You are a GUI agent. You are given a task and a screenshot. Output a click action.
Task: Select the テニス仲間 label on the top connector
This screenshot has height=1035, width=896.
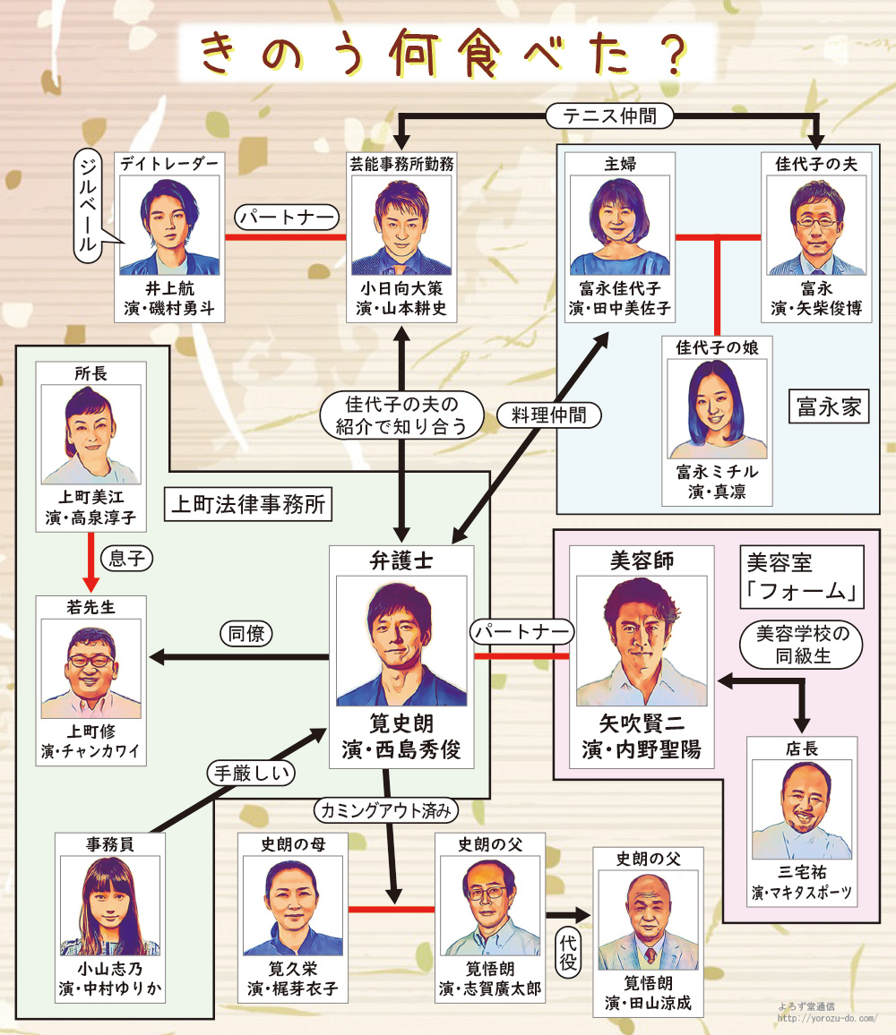pos(609,115)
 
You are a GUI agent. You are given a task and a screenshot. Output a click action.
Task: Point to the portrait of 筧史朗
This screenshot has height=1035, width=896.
pos(401,641)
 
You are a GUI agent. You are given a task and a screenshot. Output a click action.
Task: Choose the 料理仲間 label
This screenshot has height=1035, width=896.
pos(550,414)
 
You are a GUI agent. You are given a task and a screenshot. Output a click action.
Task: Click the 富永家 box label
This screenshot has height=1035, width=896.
pos(829,407)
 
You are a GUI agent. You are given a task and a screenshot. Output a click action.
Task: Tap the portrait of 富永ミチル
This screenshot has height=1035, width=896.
pos(717,408)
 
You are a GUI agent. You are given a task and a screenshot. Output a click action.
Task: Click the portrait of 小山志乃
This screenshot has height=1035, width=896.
pos(110,905)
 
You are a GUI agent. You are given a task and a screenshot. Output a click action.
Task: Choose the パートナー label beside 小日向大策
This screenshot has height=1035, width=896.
pos(287,217)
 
